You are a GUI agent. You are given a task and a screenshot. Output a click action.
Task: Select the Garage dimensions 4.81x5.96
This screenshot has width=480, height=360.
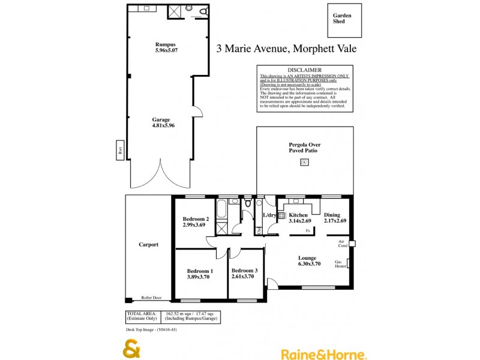pyautogui.click(x=163, y=126)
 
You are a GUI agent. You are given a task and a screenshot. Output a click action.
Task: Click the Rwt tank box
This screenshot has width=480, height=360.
pyautogui.click(x=120, y=149)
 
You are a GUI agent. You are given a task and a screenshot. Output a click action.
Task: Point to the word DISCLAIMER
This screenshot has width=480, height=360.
pyautogui.click(x=305, y=70)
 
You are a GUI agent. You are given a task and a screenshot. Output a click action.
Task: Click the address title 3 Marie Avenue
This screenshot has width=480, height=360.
pyautogui.click(x=286, y=49)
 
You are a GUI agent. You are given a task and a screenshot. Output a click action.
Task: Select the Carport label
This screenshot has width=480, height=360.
pyautogui.click(x=148, y=244)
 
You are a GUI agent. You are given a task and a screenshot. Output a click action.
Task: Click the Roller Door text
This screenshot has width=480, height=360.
pyautogui.click(x=151, y=298)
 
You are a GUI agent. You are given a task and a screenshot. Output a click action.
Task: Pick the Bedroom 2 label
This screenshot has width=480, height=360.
pyautogui.click(x=196, y=219)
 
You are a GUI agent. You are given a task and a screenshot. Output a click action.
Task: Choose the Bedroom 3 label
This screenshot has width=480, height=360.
pyautogui.click(x=244, y=271)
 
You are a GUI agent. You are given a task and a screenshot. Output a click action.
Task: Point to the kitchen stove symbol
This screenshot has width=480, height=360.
pyautogui.click(x=281, y=215)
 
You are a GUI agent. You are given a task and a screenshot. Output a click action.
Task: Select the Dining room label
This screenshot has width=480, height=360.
pyautogui.click(x=332, y=215)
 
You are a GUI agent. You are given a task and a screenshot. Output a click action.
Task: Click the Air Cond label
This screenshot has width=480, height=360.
pyautogui.click(x=342, y=244)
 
